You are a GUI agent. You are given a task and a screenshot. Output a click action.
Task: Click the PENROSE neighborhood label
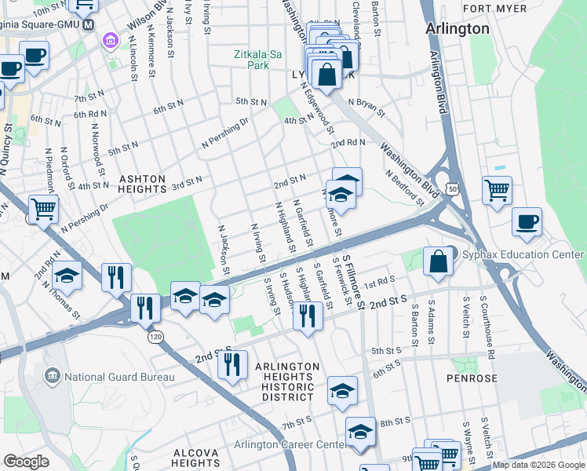pos(474,378)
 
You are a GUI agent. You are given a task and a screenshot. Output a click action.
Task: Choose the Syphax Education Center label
pos(523,255)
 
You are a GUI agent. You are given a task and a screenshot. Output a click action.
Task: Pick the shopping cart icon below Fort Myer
pos(498,190)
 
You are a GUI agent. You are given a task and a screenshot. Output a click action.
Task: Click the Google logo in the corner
pos(26,462)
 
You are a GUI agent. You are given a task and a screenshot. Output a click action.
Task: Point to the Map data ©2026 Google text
pos(538,466)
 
